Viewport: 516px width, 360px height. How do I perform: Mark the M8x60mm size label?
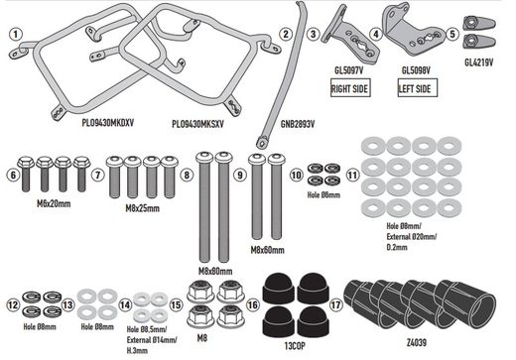[x=269, y=250]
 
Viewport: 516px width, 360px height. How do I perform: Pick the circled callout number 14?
[x=126, y=304]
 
